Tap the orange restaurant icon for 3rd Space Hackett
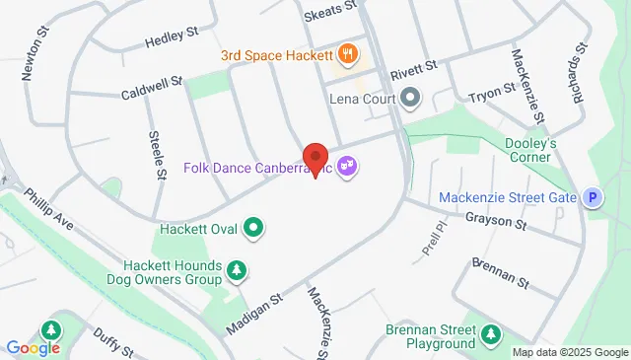[346, 53]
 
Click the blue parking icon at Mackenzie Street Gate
[593, 198]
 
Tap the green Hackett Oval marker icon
[253, 229]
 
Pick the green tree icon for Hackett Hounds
[236, 269]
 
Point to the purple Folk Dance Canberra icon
[346, 167]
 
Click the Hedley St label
[166, 41]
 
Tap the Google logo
[33, 347]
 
